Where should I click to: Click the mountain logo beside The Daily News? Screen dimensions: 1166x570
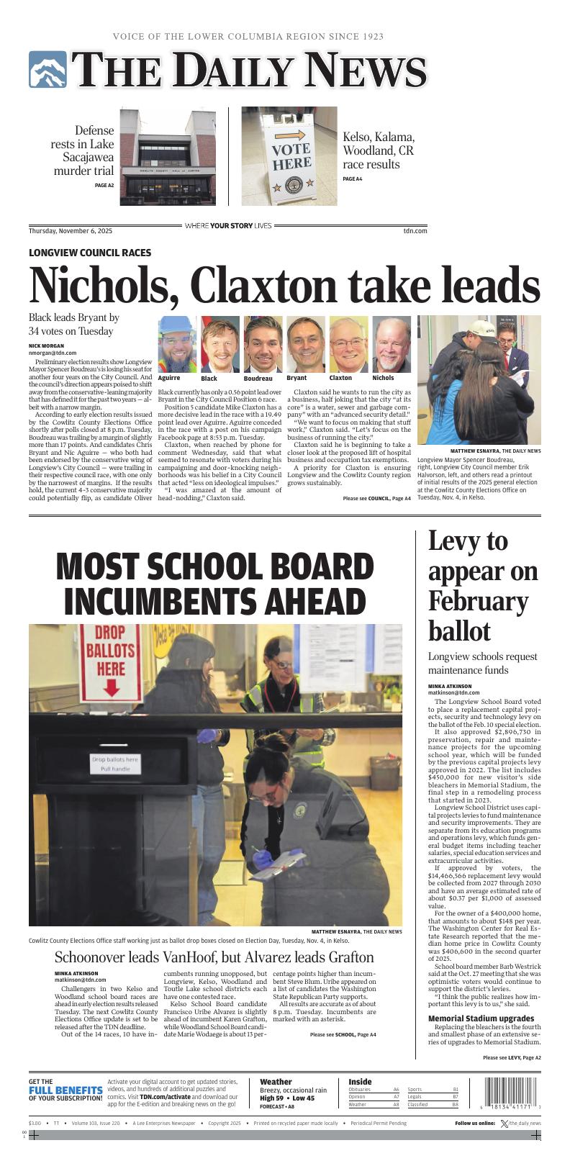pos(47,70)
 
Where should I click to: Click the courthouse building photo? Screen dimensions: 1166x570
pos(168,156)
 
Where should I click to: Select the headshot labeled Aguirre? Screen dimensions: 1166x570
pos(177,344)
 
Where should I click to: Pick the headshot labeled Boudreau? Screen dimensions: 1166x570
pos(263,344)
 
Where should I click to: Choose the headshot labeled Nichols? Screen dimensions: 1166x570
pos(391,344)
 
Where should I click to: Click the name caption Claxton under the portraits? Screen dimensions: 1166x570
pos(340,378)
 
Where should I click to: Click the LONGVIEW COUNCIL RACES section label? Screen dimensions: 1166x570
pos(90,253)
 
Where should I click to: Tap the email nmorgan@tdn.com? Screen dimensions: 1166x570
pos(53,353)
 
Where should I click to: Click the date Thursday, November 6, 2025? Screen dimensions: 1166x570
pos(71,231)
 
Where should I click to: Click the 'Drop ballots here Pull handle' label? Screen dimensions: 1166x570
pos(115,764)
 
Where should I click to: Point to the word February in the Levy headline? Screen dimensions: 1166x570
pos(478,601)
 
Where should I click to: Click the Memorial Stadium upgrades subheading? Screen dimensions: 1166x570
pos(481,1018)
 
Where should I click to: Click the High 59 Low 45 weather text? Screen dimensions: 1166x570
pos(287,1098)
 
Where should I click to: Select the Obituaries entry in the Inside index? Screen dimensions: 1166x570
pos(359,1090)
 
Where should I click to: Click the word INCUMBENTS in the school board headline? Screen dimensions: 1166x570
pos(214,601)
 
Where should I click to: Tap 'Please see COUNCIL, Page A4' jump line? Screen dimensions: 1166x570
pos(376,498)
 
